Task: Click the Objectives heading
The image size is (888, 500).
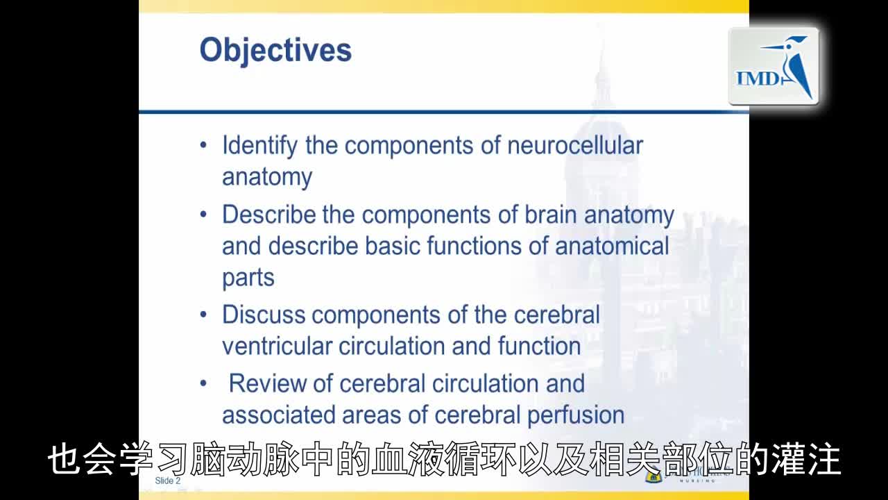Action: pyautogui.click(x=275, y=51)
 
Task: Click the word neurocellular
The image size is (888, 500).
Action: pyautogui.click(x=575, y=146)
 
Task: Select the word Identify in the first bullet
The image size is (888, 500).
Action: pyautogui.click(x=259, y=146)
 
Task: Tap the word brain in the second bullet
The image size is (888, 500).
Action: pyautogui.click(x=551, y=215)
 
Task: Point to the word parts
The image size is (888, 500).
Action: pyautogui.click(x=248, y=278)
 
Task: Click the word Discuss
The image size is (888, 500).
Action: pyautogui.click(x=264, y=315)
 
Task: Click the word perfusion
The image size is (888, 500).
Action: pyautogui.click(x=576, y=415)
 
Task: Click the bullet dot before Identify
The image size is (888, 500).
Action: pyautogui.click(x=203, y=145)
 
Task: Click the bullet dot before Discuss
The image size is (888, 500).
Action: pyautogui.click(x=203, y=314)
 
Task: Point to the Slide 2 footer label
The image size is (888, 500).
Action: pyautogui.click(x=167, y=481)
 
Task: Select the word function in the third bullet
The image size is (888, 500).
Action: pyautogui.click(x=539, y=346)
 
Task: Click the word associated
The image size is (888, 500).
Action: pyautogui.click(x=279, y=415)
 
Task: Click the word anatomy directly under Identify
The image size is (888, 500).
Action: pyautogui.click(x=266, y=177)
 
